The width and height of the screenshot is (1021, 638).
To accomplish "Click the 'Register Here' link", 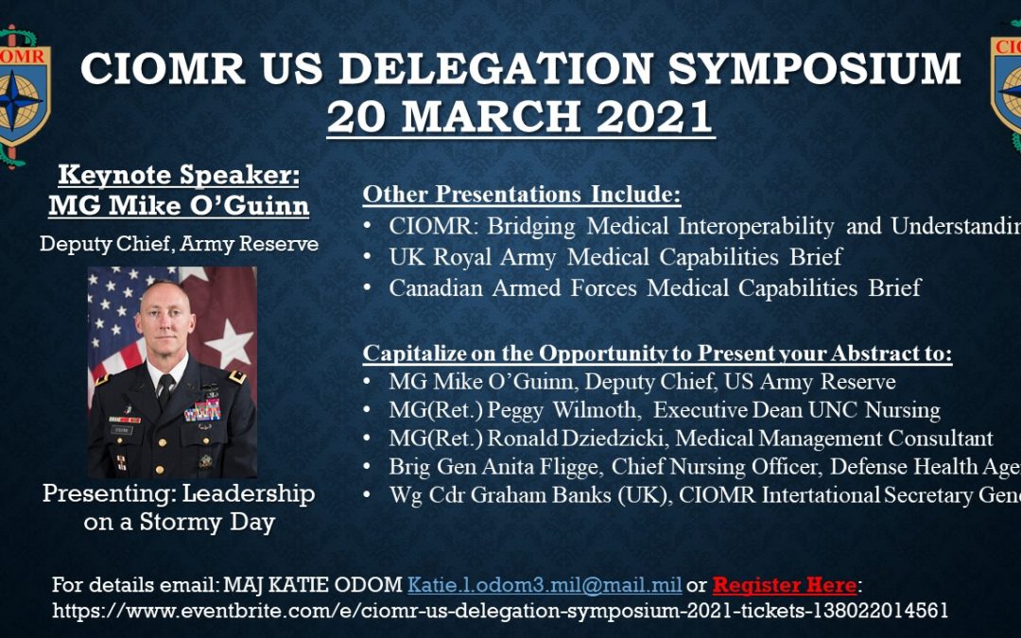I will [x=784, y=585].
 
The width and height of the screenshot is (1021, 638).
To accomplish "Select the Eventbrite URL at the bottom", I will [x=500, y=611].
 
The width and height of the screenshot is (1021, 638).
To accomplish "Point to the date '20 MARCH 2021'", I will [x=520, y=116].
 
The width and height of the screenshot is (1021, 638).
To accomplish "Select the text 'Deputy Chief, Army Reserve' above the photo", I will [x=179, y=244].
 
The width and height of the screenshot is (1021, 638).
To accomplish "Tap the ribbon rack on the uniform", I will [x=202, y=410].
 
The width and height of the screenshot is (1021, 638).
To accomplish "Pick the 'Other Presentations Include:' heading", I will [x=522, y=196].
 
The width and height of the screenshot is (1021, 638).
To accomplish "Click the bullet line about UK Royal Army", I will [x=614, y=256].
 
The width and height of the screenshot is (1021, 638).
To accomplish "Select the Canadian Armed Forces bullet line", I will [x=654, y=287].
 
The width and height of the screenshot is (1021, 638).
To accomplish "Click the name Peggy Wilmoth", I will [x=579, y=410].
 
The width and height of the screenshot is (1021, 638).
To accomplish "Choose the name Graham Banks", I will [x=552, y=495].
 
